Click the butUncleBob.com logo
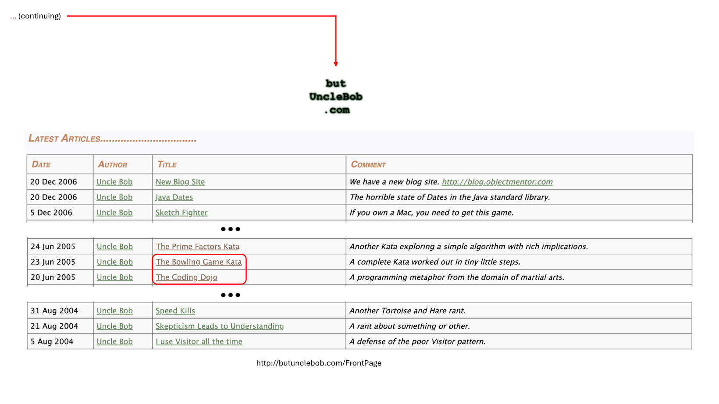point(336,96)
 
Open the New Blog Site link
point(180,182)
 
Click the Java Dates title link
point(174,197)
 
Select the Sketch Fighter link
point(182,213)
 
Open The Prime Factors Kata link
point(198,247)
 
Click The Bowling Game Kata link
point(199,262)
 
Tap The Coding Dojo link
point(187,277)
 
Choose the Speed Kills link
point(175,311)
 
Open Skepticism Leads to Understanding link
point(220,326)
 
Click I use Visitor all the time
point(199,341)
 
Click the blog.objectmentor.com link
point(497,182)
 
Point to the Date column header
point(41,165)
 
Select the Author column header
point(113,165)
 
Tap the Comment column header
point(368,165)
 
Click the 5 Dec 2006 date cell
point(51,213)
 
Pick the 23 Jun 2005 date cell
point(53,262)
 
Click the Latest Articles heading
point(112,139)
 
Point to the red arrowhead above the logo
point(336,64)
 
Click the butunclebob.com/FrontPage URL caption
point(319,363)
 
